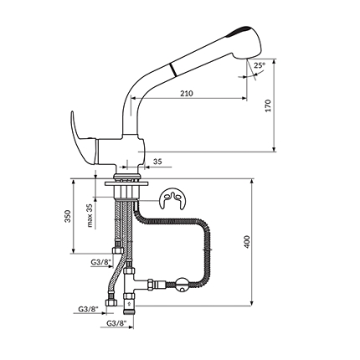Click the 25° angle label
click(x=259, y=65)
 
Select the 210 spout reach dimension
click(x=186, y=93)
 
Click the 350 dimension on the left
click(x=68, y=216)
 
